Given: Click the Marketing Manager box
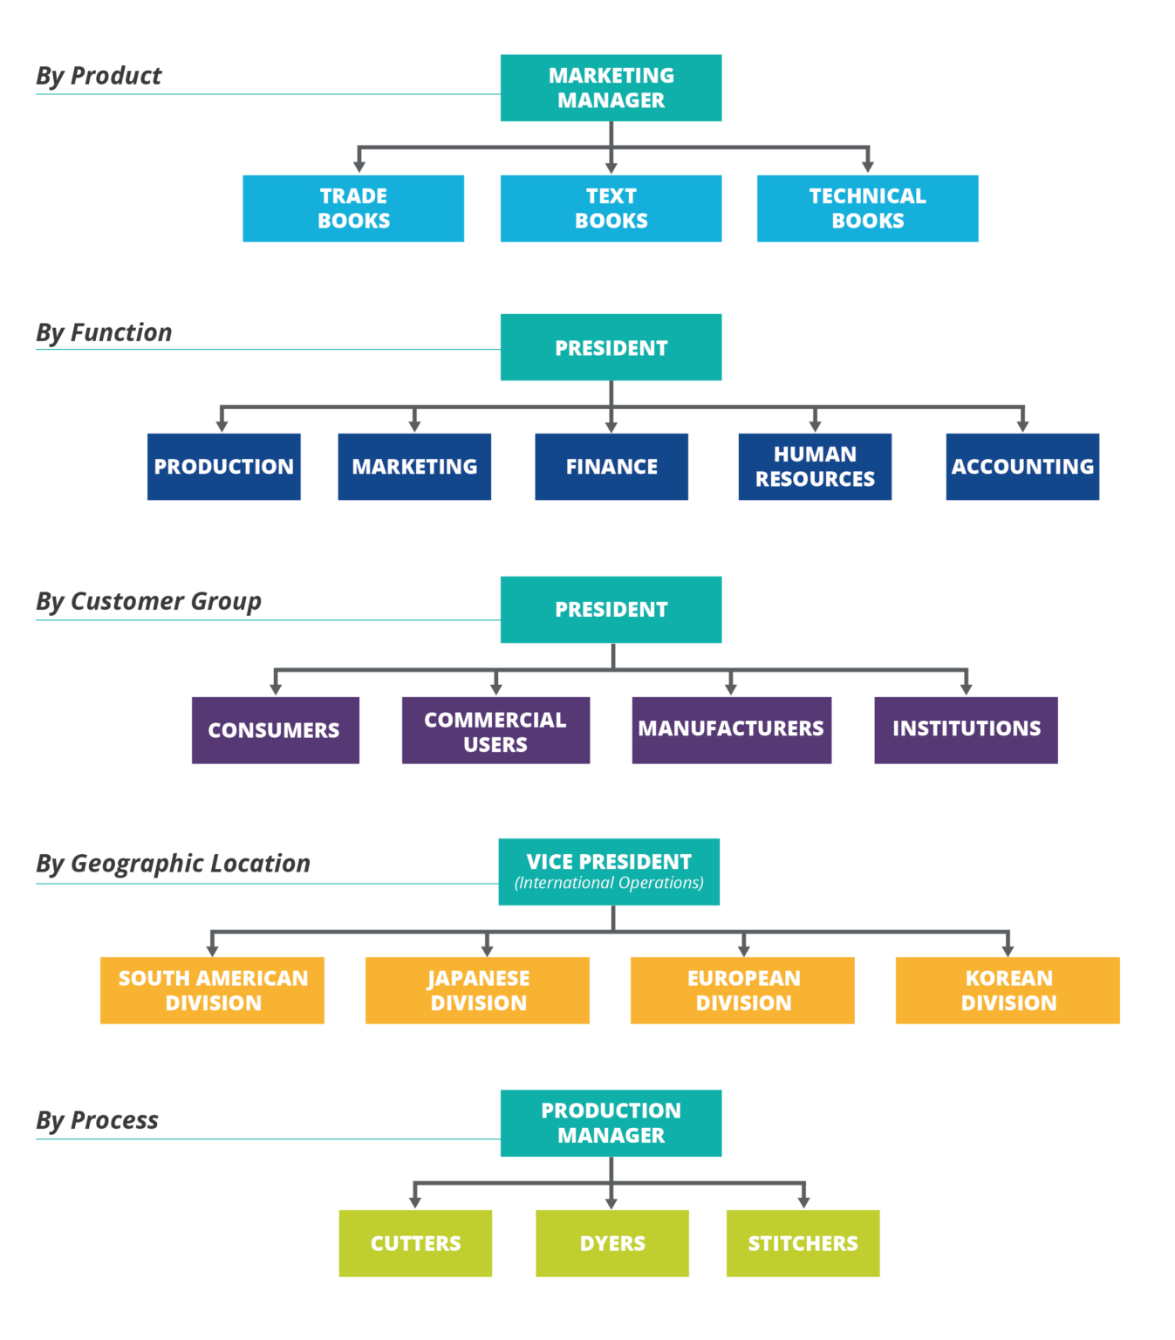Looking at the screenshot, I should pos(611,88).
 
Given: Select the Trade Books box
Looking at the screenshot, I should pos(353,209).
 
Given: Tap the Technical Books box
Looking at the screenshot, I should pos(867,209).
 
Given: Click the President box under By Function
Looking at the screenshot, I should pos(611,347).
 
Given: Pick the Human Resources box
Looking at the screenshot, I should pos(815,467).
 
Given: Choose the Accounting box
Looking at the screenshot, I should pos(1022,467).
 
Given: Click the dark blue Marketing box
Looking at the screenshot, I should pos(414,467).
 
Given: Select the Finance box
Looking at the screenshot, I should pos(611,467).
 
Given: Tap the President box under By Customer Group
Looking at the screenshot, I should pos(611,610).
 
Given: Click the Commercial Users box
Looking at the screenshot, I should pos(495,731).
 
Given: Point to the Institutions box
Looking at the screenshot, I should pos(966,729).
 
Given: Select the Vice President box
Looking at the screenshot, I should pos(609,862).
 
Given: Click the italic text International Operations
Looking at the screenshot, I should pos(609,883).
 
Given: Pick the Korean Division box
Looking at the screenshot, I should pos(1008,990).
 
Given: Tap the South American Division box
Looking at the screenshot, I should pos(212,990).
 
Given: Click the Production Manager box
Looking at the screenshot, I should pos(611,1123).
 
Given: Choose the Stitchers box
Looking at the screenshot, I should pos(803,1243).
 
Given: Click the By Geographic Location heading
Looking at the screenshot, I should pos(173,863).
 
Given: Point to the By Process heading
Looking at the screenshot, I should pos(97,1120).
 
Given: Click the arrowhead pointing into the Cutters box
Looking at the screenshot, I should pos(415,1202).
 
